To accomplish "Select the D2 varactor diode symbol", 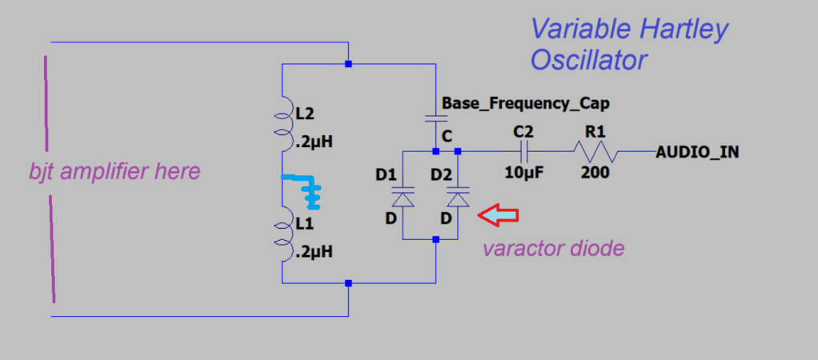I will point(457,196).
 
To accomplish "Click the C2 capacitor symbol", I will point(526,150).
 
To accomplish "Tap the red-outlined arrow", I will point(498,214).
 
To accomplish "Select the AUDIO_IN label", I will point(696,151).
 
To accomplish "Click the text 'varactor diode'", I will point(553,248).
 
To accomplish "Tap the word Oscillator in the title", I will point(587,59).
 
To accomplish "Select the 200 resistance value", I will point(595,171).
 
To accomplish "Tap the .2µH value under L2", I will point(314,143).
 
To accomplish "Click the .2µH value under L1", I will point(314,251).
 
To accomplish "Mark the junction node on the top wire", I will point(348,63).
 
